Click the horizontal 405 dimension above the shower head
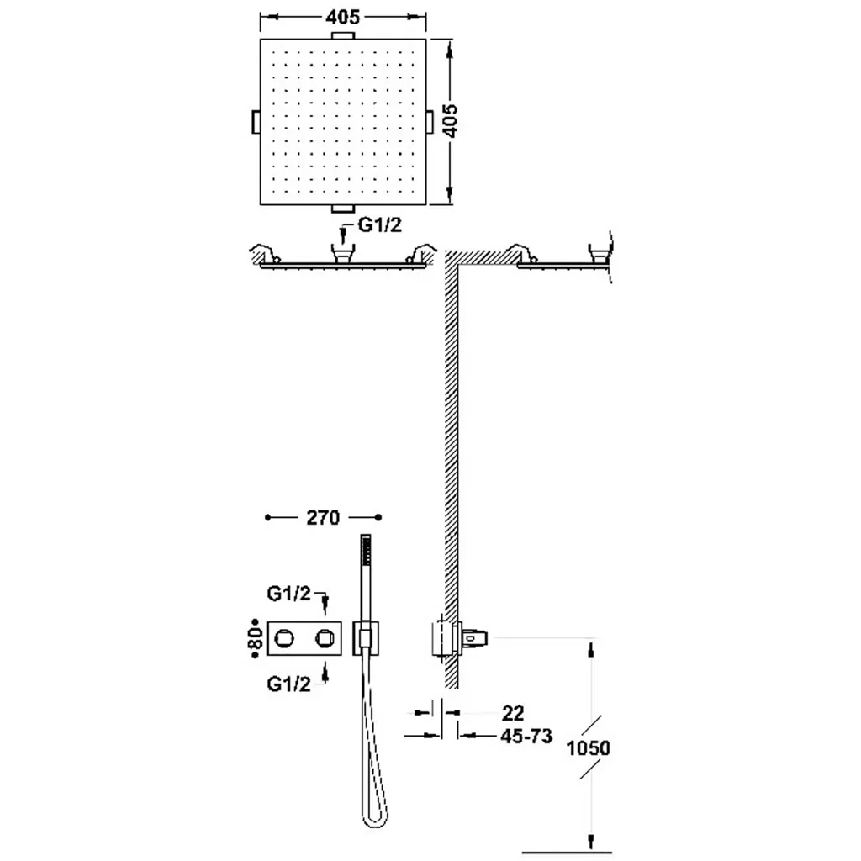[x=343, y=18]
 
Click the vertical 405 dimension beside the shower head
[x=450, y=121]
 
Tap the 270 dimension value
[x=323, y=518]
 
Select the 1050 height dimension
[x=588, y=747]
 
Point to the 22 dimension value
[x=513, y=713]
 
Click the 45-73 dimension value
[x=526, y=736]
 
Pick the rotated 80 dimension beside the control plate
[x=256, y=638]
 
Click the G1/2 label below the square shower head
[x=380, y=224]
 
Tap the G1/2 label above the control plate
[x=289, y=593]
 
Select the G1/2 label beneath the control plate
[x=289, y=684]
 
